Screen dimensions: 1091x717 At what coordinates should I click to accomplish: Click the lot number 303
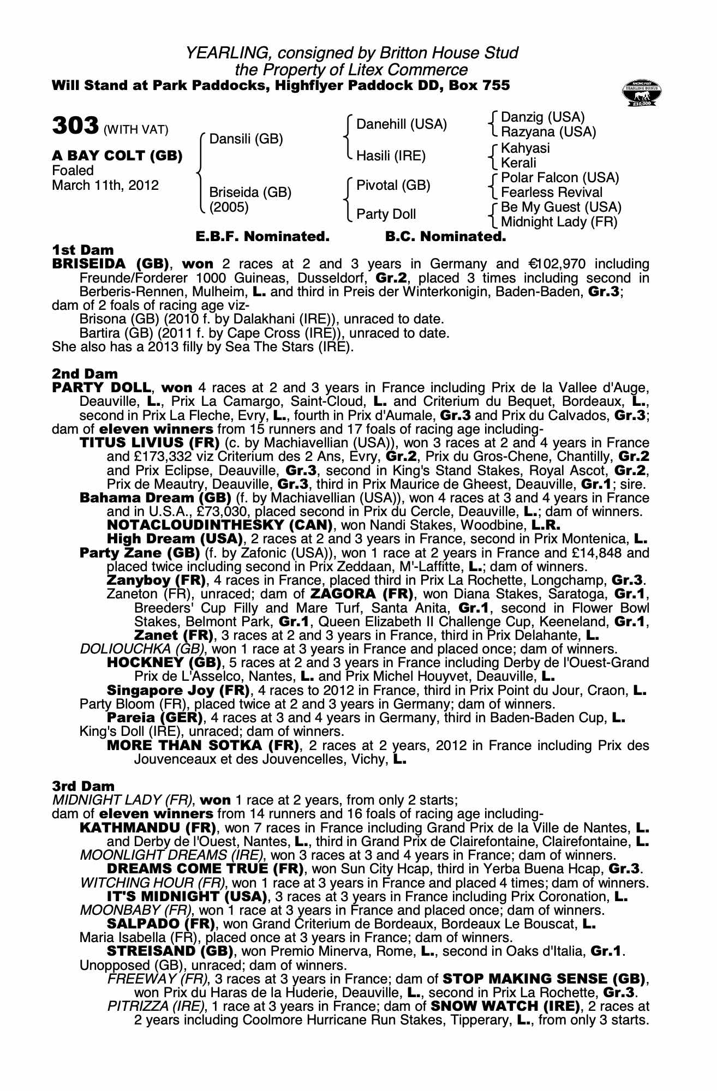[x=75, y=125]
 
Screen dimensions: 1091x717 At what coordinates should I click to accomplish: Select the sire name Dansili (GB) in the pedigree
[x=246, y=139]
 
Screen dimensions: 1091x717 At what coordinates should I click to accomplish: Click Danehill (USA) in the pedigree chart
[x=401, y=124]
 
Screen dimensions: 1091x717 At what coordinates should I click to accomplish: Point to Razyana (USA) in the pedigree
[x=548, y=132]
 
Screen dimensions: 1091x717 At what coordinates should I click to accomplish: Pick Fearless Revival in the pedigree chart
[x=552, y=193]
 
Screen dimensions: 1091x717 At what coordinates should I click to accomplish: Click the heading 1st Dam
[x=83, y=250]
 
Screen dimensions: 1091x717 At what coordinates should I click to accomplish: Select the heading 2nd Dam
[x=85, y=374]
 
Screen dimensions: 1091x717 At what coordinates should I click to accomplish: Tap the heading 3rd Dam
[x=83, y=786]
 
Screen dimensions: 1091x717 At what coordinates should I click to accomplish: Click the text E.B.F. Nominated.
[x=262, y=237]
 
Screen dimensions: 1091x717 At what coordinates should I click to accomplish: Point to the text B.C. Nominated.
[x=445, y=237]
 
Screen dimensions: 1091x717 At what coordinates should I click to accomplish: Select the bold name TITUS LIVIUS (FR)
[x=150, y=442]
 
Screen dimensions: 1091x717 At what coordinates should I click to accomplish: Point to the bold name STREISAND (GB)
[x=171, y=951]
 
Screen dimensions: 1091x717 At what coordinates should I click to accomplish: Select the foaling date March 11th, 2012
[x=105, y=185]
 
